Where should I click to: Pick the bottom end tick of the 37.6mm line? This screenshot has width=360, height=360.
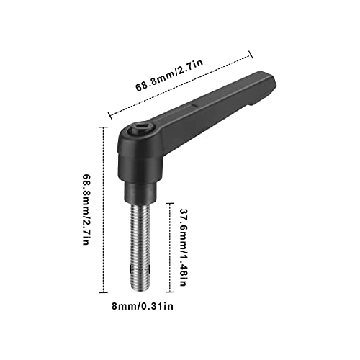169,291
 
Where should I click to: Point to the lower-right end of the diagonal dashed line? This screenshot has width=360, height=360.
251,51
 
